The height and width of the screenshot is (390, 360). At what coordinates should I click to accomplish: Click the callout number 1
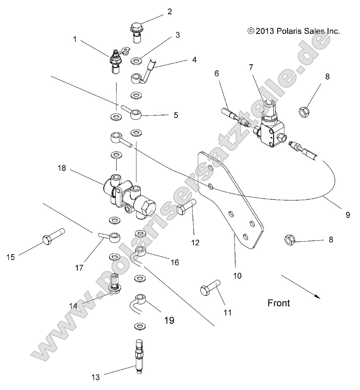(x=75, y=39)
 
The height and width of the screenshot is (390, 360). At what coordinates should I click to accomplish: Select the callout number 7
(x=251, y=67)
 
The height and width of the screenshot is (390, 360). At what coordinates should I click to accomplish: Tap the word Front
(x=278, y=303)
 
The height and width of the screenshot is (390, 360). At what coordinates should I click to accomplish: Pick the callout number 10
(x=237, y=276)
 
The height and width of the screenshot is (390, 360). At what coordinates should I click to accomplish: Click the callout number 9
(x=348, y=215)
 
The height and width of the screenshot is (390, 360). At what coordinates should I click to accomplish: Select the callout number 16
(x=174, y=263)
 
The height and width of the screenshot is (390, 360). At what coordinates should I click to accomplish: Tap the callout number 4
(x=194, y=60)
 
